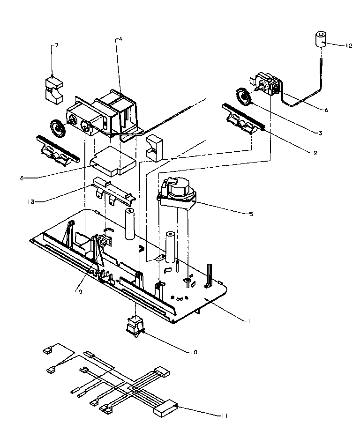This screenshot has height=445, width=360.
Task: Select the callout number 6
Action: click(326, 110)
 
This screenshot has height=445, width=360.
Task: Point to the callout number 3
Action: click(320, 133)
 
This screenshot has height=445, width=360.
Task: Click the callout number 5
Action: click(251, 214)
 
